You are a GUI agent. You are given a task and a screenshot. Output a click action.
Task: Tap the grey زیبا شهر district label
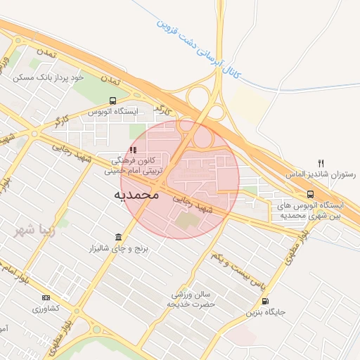click(x=38, y=229)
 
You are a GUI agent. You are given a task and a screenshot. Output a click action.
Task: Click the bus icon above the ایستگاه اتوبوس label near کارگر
click(x=113, y=101)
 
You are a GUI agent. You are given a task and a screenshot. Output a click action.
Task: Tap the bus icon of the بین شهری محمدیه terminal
click(x=309, y=194)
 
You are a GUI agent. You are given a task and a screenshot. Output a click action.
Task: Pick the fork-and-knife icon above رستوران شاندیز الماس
click(x=322, y=162)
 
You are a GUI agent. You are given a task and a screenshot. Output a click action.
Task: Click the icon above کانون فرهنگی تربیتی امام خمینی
click(x=133, y=150)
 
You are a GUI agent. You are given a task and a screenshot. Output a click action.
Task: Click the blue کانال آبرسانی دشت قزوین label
click(x=200, y=47)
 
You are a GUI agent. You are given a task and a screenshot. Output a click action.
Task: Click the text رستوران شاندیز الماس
click(x=321, y=173)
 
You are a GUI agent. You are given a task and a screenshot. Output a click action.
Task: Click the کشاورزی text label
click(x=46, y=309)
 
